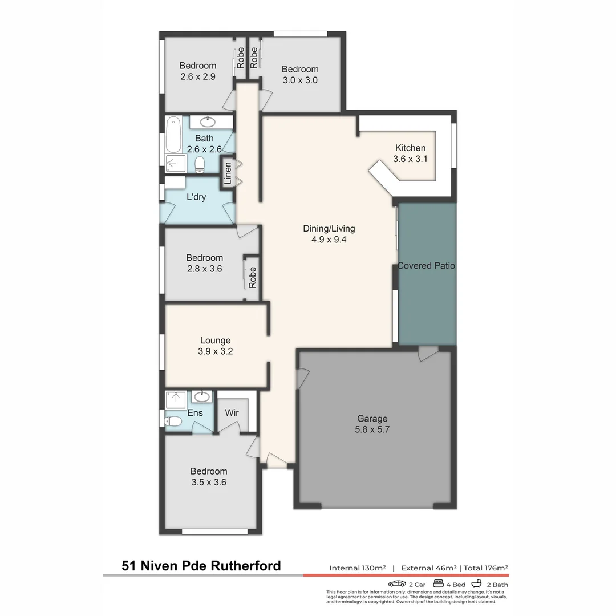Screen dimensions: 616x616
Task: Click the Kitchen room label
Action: coord(410,148)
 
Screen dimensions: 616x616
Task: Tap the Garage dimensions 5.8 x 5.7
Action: coord(372,429)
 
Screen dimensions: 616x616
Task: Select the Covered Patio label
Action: coord(426,266)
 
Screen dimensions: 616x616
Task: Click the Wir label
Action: coord(231,412)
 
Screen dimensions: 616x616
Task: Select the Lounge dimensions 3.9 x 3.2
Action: coord(215,351)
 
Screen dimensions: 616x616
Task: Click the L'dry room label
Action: coord(196,197)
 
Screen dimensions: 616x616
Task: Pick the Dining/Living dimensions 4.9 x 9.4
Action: coord(329,240)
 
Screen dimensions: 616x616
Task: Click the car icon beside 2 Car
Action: coord(397,583)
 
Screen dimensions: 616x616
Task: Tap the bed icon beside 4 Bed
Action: coord(439,583)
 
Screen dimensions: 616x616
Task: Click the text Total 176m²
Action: coord(486,568)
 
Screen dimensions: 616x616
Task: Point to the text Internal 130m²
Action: coord(358,568)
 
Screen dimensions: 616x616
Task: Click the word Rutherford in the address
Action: coord(246,566)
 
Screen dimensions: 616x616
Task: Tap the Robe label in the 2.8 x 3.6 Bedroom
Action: coord(252,277)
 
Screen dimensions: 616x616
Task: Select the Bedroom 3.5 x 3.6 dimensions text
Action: coord(209,482)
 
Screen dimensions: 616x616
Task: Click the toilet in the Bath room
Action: coord(200,165)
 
